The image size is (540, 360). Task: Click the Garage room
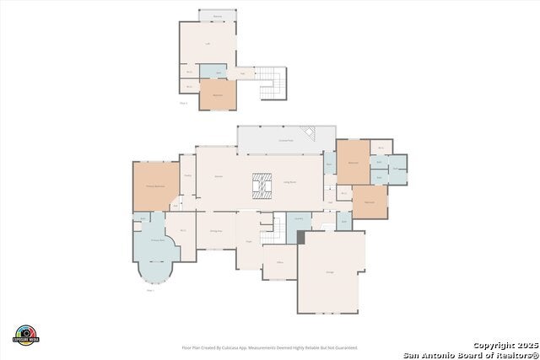331,271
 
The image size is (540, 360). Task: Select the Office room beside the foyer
278,262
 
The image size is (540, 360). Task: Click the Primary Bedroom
154,185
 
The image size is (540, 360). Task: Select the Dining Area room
216,230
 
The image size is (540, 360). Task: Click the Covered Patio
285,139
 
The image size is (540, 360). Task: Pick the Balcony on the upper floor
217,16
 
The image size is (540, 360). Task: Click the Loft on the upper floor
208,43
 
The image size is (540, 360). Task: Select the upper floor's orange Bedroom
217,95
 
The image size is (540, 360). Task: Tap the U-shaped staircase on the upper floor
271,83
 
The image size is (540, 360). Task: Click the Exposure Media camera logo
26,335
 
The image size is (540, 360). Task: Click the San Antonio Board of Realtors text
470,354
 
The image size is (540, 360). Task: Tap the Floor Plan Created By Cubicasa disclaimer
269,347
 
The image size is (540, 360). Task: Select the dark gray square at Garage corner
300,238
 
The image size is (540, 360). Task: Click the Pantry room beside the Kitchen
187,175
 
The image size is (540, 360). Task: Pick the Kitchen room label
219,176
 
